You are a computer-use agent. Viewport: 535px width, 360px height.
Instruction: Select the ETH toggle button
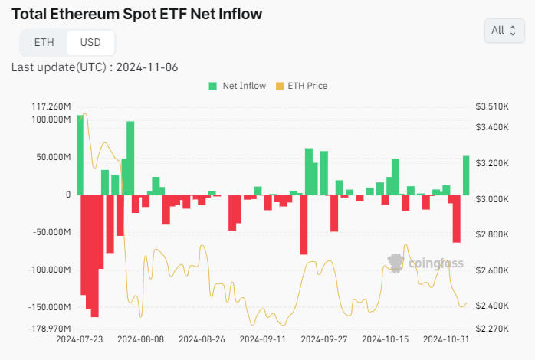click(x=44, y=42)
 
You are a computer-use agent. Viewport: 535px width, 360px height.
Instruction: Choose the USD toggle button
click(x=90, y=42)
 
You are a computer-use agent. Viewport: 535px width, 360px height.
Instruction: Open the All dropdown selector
click(x=504, y=30)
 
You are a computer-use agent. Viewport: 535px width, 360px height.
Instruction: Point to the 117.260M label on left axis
click(x=51, y=106)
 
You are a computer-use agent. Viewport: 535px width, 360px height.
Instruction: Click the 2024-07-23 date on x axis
click(x=79, y=339)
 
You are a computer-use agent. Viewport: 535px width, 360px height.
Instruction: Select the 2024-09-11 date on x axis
click(x=263, y=339)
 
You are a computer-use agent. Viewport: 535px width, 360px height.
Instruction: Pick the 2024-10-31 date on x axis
click(x=446, y=339)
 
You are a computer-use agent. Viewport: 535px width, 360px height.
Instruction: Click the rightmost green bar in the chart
click(x=466, y=175)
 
